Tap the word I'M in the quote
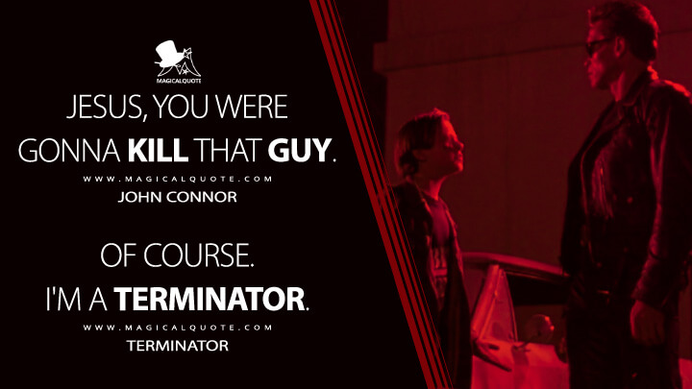(87, 300)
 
